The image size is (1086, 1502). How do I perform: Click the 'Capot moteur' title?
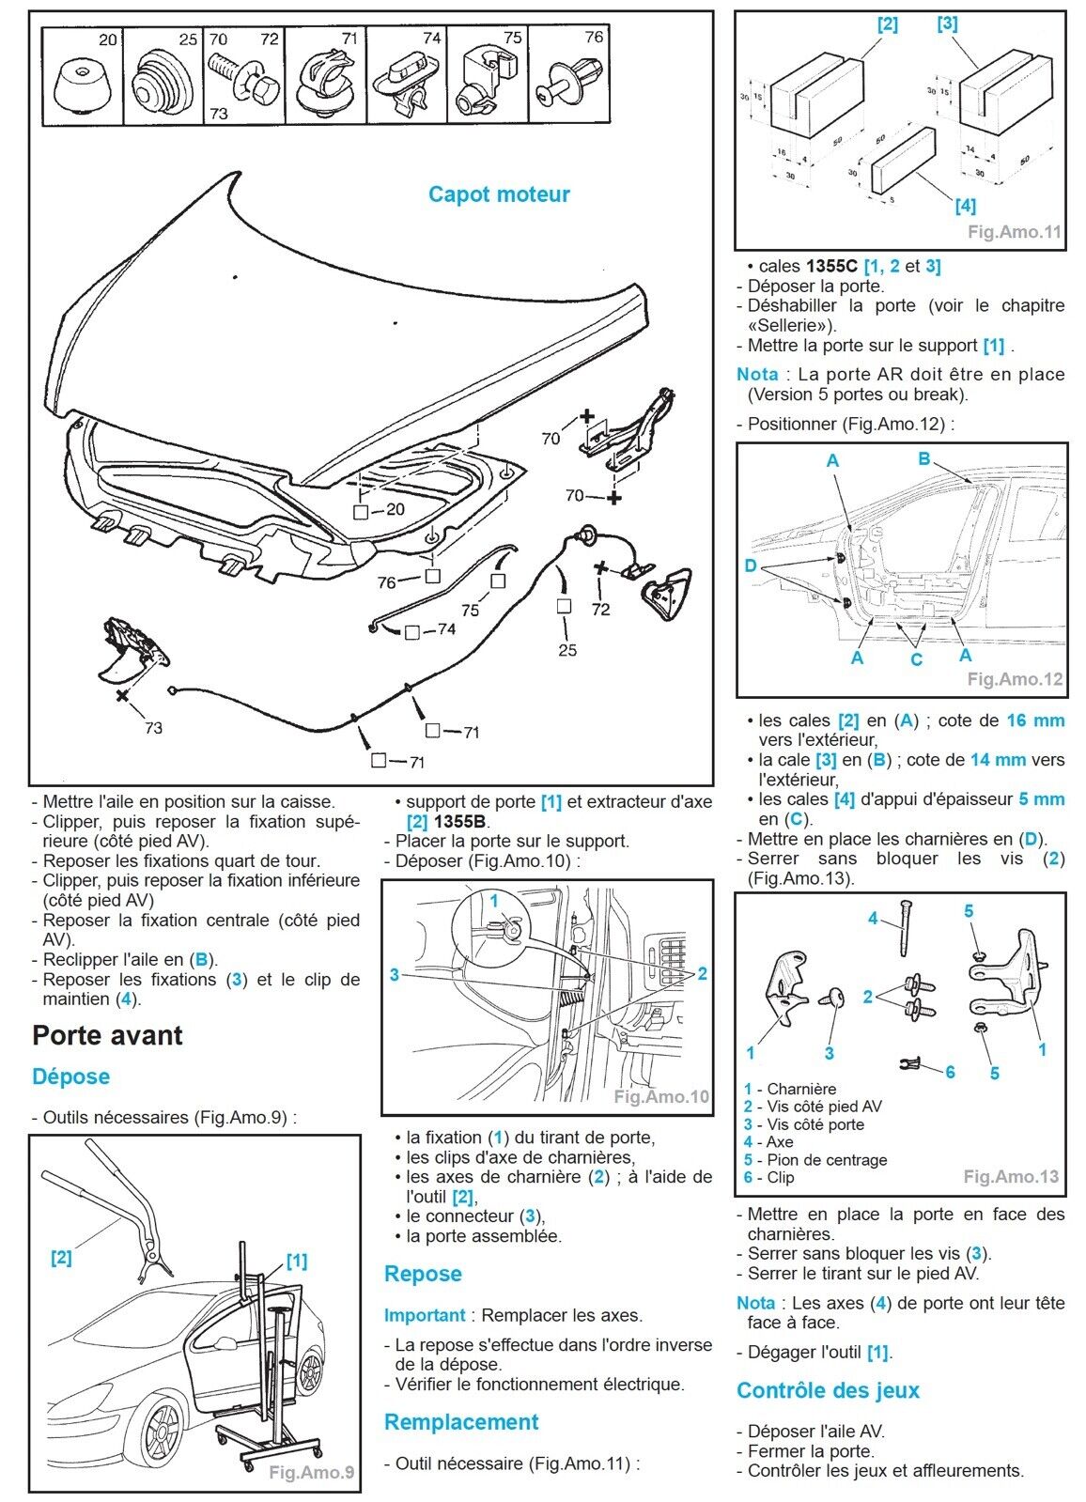(x=499, y=194)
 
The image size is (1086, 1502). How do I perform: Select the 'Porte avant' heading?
(x=107, y=1035)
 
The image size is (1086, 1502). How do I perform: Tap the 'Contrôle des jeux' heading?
(x=828, y=1390)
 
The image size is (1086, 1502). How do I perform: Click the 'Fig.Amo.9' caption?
(x=311, y=1472)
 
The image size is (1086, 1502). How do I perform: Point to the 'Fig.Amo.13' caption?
(x=1011, y=1176)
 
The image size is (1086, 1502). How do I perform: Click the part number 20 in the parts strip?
(x=108, y=39)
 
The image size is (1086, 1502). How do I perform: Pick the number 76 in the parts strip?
(x=594, y=38)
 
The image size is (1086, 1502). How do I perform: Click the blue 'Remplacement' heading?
(x=461, y=1422)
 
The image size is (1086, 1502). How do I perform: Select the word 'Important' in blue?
(x=425, y=1315)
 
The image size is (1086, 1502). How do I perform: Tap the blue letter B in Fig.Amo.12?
(x=924, y=458)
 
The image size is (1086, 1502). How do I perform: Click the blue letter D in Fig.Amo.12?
(x=751, y=565)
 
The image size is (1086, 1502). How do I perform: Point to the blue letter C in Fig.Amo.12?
(x=917, y=659)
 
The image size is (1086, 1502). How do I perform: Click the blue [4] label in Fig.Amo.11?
(x=965, y=205)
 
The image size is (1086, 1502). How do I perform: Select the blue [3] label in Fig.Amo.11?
(x=947, y=23)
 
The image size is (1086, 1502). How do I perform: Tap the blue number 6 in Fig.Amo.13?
(x=950, y=1072)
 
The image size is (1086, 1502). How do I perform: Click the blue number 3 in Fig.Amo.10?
(x=395, y=975)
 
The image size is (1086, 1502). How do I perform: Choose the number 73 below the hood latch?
(x=153, y=728)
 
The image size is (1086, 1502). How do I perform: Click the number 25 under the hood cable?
(x=567, y=650)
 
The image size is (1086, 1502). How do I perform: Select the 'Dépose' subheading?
(x=70, y=1076)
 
